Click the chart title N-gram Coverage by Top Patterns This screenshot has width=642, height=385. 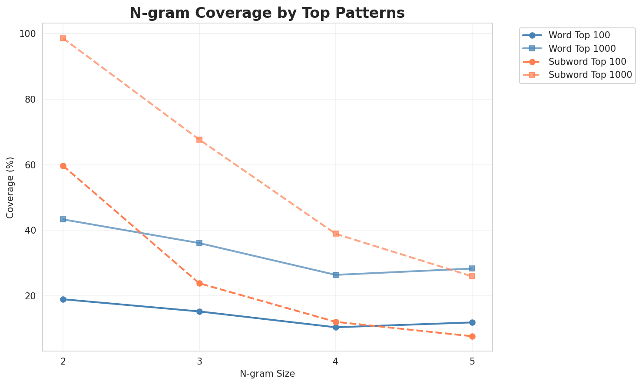[x=267, y=13]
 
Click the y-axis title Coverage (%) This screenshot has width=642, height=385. [x=10, y=187]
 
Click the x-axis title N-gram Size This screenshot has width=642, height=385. [x=267, y=374]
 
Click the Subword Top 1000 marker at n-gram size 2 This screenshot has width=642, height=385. [x=63, y=38]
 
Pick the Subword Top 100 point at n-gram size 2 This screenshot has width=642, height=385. [x=63, y=166]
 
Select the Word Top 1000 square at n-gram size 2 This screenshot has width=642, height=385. [x=63, y=219]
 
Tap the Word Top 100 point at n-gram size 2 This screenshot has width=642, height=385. [x=63, y=299]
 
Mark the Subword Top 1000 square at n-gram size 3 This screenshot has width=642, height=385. [x=199, y=140]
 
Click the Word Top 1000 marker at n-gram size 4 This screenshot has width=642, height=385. [x=336, y=275]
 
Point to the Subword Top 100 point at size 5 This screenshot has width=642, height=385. [x=472, y=336]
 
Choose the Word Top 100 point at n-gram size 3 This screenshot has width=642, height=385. [x=199, y=311]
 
